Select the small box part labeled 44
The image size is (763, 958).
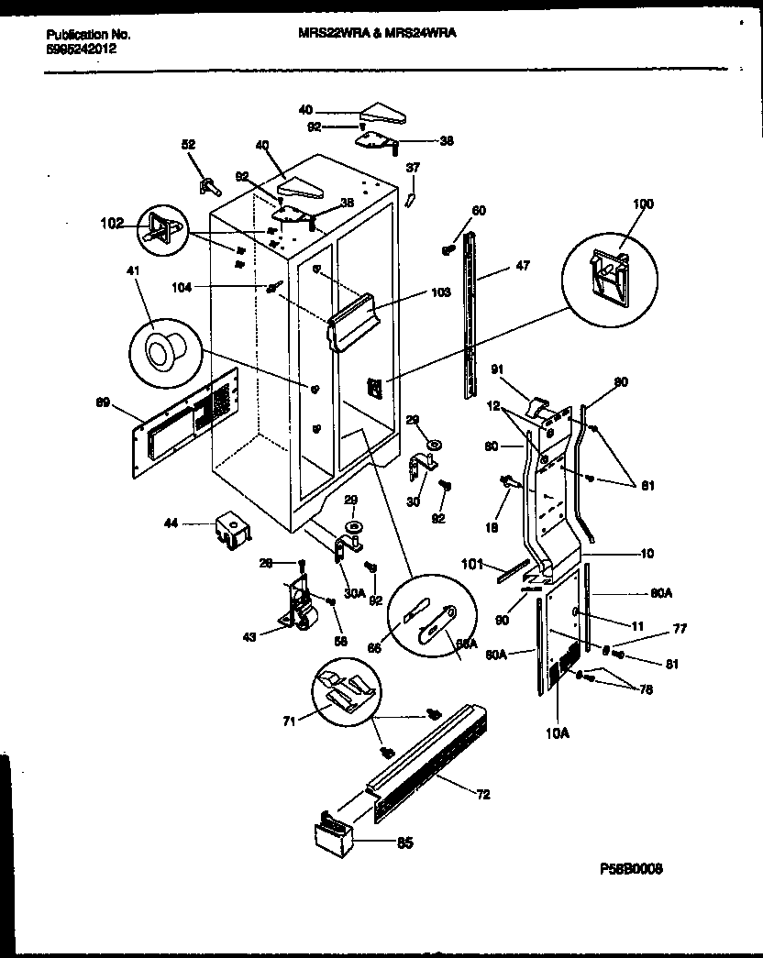[231, 531]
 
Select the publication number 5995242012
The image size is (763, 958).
[81, 50]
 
